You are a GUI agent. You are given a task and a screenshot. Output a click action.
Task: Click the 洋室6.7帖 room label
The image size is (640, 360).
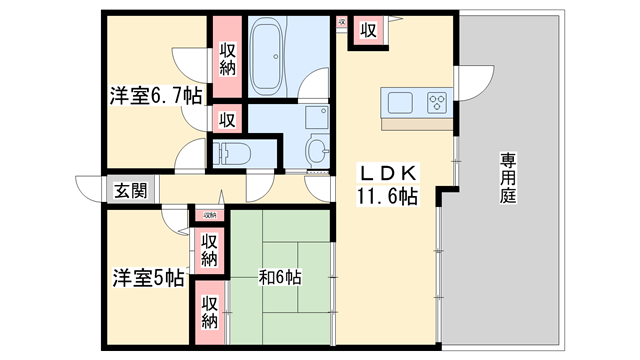[155, 96]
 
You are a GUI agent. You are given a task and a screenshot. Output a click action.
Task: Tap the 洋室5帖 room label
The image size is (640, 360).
[147, 277]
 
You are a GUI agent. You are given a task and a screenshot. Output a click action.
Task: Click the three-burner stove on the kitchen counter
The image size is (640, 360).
[438, 103]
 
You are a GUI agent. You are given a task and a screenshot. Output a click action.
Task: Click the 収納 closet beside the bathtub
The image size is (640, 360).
[227, 58]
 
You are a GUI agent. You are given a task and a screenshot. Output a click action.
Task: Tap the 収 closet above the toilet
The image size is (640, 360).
[227, 119]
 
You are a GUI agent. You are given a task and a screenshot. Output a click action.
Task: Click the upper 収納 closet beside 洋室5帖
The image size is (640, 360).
[209, 249]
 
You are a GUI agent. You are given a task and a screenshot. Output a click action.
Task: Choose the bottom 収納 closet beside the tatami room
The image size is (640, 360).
[209, 312]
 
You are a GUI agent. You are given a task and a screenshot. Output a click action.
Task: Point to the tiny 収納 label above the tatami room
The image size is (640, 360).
[210, 215]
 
